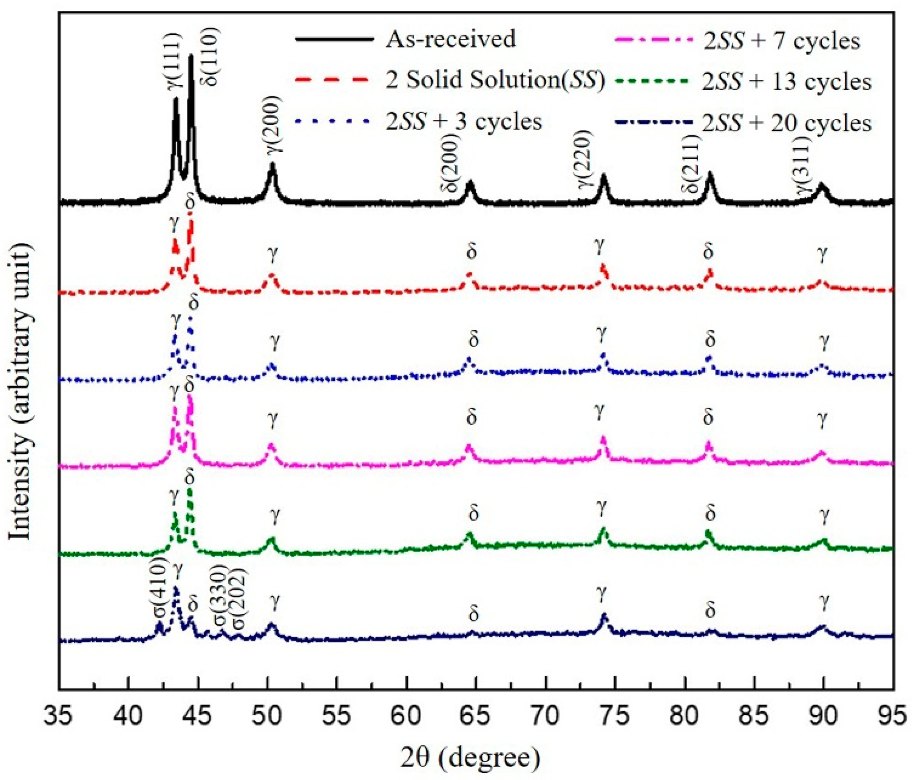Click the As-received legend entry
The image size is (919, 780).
point(450,39)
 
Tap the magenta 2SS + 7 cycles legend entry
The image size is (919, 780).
point(781,41)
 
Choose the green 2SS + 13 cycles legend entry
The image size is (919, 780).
point(787,82)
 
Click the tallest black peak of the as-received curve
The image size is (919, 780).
point(191,56)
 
